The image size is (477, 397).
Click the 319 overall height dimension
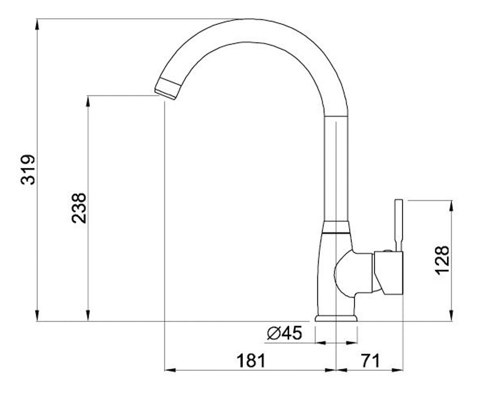pyautogui.click(x=28, y=170)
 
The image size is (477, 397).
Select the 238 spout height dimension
pyautogui.click(x=79, y=208)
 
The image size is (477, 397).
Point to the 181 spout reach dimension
pyautogui.click(x=251, y=361)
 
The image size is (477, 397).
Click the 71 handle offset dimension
pyautogui.click(x=370, y=361)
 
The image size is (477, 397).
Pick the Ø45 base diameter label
pyautogui.click(x=285, y=333)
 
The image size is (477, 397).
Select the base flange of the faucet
pyautogui.click(x=336, y=318)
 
